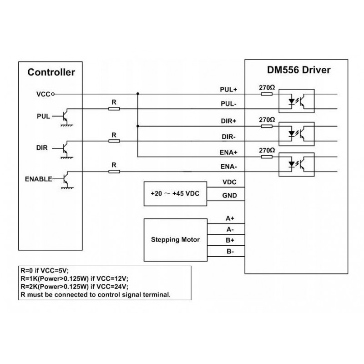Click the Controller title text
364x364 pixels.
51,72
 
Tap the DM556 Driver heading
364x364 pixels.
298,70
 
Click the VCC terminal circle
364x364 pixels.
53,94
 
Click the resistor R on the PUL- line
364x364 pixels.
114,109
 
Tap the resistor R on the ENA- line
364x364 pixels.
114,172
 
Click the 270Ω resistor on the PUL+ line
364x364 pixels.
267,94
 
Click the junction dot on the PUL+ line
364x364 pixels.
138,94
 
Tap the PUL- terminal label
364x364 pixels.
228,104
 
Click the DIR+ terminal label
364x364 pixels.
228,121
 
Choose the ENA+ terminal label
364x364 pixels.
228,152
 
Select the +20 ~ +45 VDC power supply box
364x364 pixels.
175,194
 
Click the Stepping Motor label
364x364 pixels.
175,240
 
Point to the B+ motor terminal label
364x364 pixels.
230,240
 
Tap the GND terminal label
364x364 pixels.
229,196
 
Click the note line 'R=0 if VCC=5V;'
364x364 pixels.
45,270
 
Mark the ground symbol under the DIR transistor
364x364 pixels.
67,157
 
